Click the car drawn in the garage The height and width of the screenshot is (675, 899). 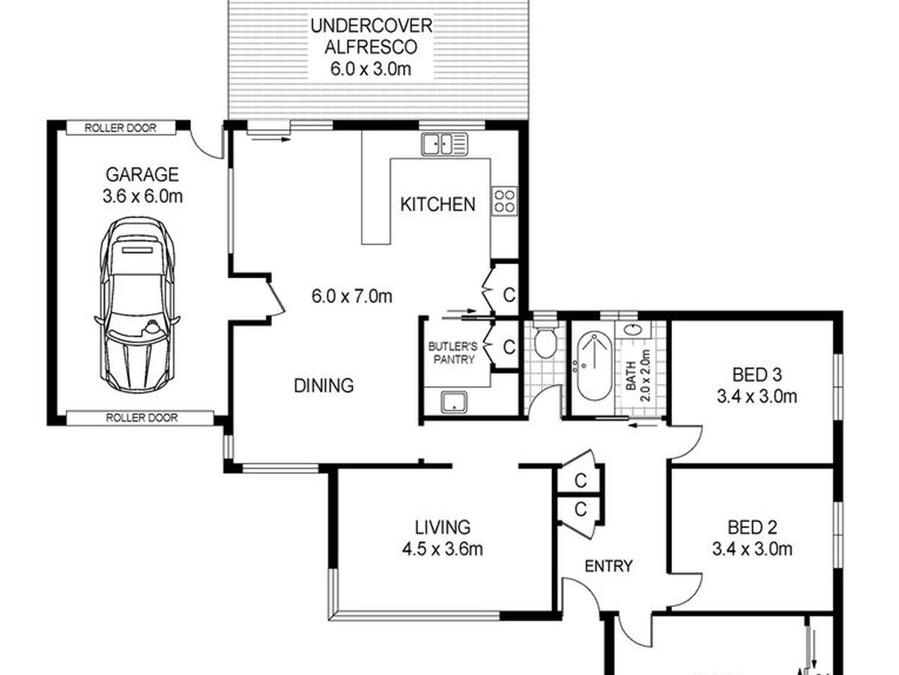click(138, 305)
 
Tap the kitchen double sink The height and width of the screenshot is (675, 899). click(444, 144)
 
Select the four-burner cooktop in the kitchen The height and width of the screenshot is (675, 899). click(504, 201)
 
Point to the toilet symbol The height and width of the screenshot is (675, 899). click(545, 341)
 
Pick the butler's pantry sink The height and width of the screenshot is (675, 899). click(454, 402)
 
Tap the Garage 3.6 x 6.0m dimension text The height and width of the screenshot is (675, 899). click(142, 196)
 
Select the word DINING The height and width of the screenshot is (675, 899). click(324, 385)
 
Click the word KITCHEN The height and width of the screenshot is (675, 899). click(438, 204)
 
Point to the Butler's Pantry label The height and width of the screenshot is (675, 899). click(453, 352)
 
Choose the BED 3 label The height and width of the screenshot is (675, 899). click(757, 374)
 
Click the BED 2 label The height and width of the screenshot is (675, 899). click(752, 527)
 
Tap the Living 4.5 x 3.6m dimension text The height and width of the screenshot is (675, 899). click(442, 549)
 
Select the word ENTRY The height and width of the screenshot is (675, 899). click(608, 566)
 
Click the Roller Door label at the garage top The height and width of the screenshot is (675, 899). click(121, 127)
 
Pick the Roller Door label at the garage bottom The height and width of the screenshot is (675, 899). click(142, 418)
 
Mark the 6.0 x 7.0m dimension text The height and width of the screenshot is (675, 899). click(351, 296)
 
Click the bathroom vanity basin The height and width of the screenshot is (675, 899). click(633, 329)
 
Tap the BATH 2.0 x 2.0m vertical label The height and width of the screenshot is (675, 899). click(638, 376)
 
